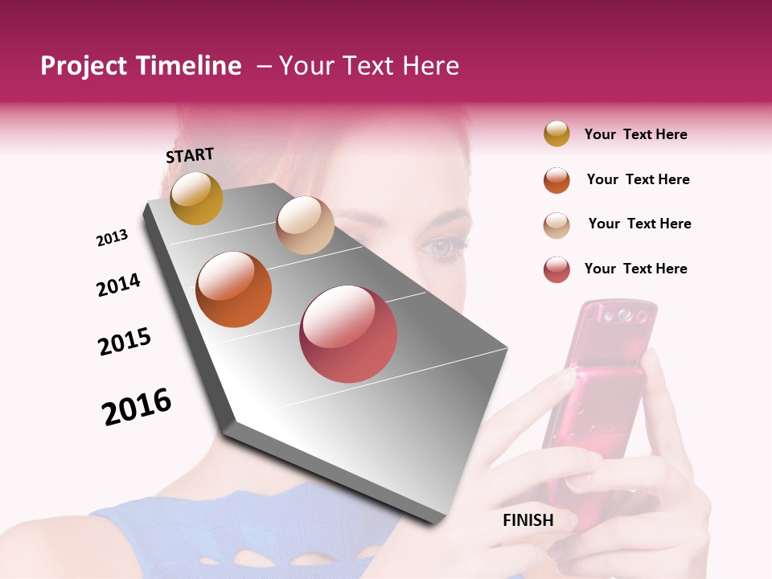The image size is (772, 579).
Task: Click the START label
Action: coord(190,155)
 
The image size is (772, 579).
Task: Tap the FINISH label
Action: coord(528,520)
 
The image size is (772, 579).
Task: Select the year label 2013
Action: coord(112,238)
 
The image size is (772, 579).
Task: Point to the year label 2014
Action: coord(118,285)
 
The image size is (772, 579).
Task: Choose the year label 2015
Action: coord(125,342)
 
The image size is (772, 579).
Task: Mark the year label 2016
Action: coord(137,407)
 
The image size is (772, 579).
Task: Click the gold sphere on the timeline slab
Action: coord(196,198)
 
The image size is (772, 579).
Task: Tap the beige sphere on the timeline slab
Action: coord(305,225)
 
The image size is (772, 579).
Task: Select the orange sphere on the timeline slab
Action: coord(234,289)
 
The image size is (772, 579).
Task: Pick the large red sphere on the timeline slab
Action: coord(348,333)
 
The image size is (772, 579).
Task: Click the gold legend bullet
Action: coord(556,134)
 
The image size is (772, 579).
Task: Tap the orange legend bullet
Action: coord(556,179)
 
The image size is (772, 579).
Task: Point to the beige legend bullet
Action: coord(556,224)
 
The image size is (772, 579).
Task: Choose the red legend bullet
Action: coord(556,269)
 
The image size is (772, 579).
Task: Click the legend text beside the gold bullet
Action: coord(635,134)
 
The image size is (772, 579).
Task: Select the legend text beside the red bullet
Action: coord(635,269)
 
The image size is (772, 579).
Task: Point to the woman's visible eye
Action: coord(445,247)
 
